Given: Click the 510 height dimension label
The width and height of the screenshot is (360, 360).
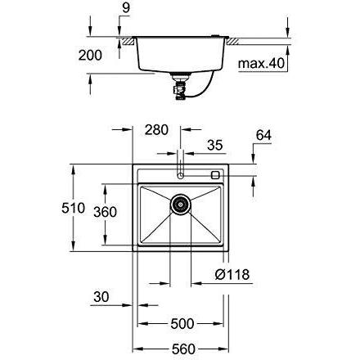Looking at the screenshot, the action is (x=73, y=208).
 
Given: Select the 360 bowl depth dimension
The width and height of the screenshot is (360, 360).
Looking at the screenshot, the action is (x=105, y=212).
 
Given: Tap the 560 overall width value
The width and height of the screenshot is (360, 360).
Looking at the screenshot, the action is (x=183, y=349).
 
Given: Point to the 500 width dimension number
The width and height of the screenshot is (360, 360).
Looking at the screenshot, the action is (x=182, y=324).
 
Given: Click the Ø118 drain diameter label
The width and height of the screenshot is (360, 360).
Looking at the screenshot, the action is (x=232, y=274).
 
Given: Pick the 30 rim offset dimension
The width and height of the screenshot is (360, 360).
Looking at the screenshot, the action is (x=101, y=297).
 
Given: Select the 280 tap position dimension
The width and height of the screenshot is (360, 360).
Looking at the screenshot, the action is (x=156, y=130).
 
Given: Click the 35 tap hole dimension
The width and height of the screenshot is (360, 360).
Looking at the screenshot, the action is (x=215, y=145).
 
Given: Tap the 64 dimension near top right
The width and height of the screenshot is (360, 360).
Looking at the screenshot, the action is (x=263, y=135).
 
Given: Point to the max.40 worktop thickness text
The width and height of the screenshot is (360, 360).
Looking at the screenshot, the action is (x=261, y=63).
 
